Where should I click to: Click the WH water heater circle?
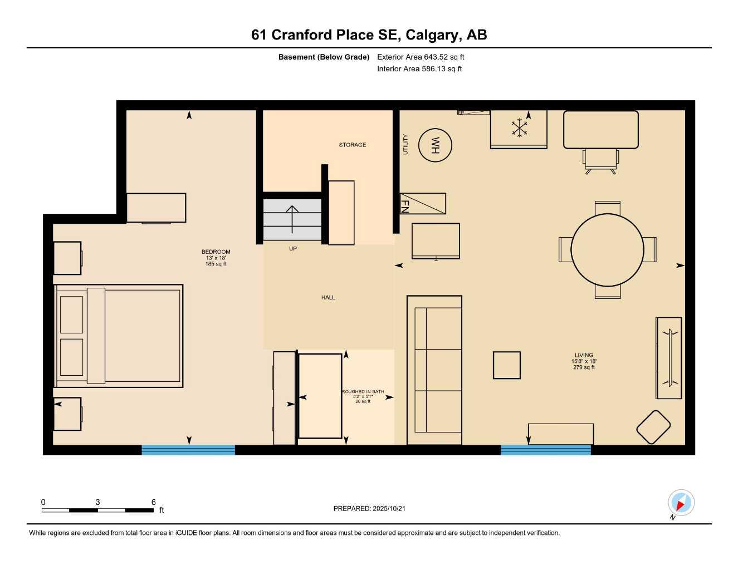pos(435,145)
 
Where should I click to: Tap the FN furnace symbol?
pos(423,204)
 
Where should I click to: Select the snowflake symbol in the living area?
pos(519,127)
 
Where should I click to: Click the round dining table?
pos(607,249)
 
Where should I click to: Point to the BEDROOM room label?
pos(216,252)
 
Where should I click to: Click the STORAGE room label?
pos(353,145)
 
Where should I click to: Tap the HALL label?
pos(328,297)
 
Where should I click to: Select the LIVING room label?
pos(584,355)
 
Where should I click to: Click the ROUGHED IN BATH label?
pos(363,392)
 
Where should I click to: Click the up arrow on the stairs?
pos(292,218)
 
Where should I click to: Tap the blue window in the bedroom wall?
pos(188,450)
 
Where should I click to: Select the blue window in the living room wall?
pos(545,450)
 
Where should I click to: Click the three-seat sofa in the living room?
pos(434,370)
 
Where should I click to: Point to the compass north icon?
pos(681,503)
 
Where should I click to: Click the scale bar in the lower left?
pos(98,510)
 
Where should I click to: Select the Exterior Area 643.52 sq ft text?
pos(421,57)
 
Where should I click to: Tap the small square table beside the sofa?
pos(507,365)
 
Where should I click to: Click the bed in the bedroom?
pos(119,336)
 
